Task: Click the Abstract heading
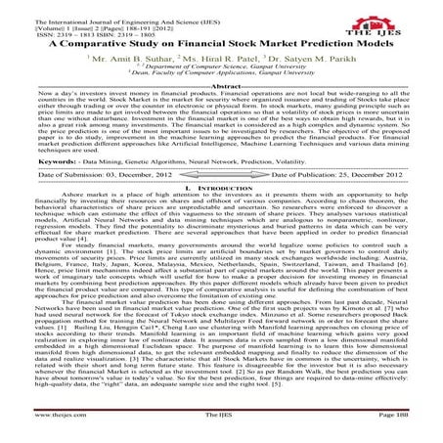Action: [x=220, y=87]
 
